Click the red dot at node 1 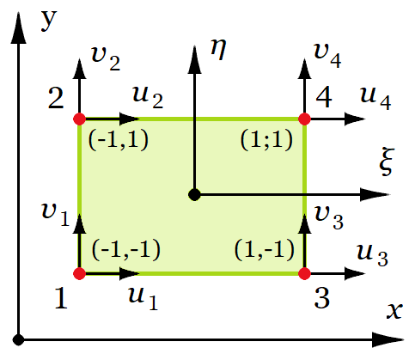click(x=80, y=273)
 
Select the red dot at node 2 click(x=80, y=119)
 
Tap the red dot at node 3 click(x=304, y=273)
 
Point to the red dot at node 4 click(x=304, y=119)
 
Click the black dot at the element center click(x=194, y=195)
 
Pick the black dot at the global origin click(x=19, y=340)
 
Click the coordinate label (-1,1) click(x=119, y=140)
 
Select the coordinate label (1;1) click(x=266, y=140)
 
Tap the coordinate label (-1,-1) click(x=126, y=250)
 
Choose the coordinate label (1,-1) click(x=265, y=250)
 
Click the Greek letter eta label click(x=218, y=49)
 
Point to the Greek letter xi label click(x=387, y=162)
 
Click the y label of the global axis click(x=49, y=21)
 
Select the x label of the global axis click(x=394, y=310)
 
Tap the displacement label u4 click(x=375, y=98)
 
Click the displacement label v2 click(x=106, y=58)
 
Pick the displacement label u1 click(x=143, y=299)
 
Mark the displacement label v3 click(x=328, y=217)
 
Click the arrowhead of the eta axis click(x=194, y=59)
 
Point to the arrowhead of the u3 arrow click(x=354, y=273)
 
